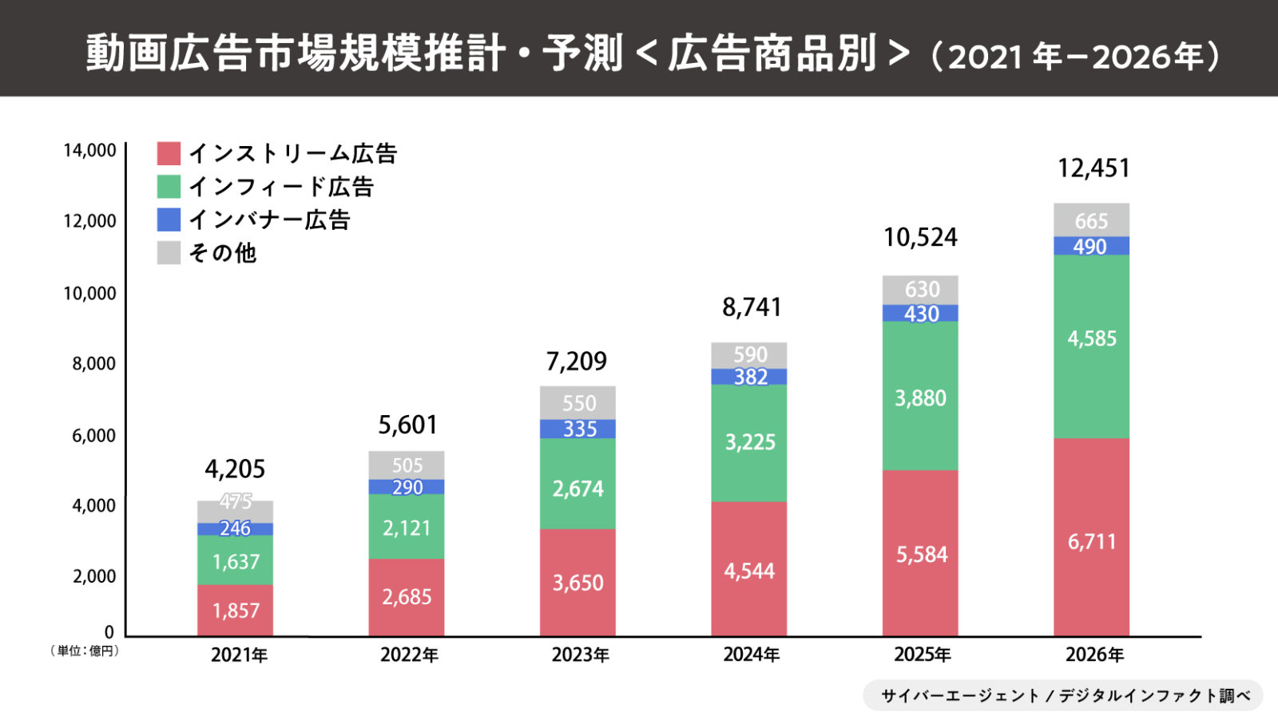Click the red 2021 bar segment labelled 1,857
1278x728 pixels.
pyautogui.click(x=236, y=611)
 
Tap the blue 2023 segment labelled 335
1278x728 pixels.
pyautogui.click(x=577, y=429)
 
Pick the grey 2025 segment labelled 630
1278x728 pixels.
pyautogui.click(x=920, y=289)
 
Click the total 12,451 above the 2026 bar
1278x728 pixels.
pyautogui.click(x=1093, y=168)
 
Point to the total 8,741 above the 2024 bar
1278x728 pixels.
pyautogui.click(x=751, y=307)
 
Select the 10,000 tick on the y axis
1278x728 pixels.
pyautogui.click(x=89, y=294)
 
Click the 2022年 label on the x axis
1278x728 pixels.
pyautogui.click(x=409, y=655)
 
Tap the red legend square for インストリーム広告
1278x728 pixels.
pyautogui.click(x=169, y=153)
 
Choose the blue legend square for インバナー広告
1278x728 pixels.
pyautogui.click(x=169, y=220)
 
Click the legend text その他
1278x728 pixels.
pyautogui.click(x=222, y=253)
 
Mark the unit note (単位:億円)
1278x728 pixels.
pyautogui.click(x=85, y=651)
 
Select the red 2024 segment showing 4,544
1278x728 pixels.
pyautogui.click(x=748, y=571)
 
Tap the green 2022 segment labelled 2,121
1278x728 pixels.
pyautogui.click(x=406, y=528)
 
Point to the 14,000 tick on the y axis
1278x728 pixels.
pyautogui.click(x=89, y=151)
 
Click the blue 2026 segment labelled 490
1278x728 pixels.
pyautogui.click(x=1091, y=246)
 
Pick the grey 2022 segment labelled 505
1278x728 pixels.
pyautogui.click(x=406, y=465)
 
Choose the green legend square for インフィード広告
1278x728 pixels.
pyautogui.click(x=169, y=187)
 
